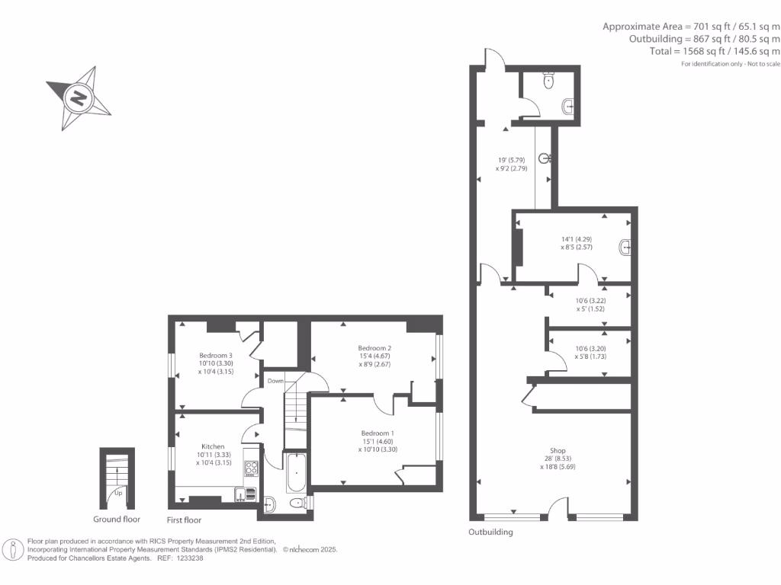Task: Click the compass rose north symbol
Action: tap(79, 97)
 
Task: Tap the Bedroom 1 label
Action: tap(378, 433)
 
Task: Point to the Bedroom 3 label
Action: tap(216, 356)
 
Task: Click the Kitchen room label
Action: tap(213, 446)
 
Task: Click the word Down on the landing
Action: tap(275, 381)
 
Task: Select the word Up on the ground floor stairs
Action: tap(117, 493)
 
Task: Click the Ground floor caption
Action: tap(117, 519)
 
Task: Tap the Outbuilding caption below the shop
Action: tap(490, 532)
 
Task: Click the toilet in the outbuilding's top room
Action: tap(547, 79)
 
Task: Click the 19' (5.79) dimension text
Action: tap(507, 160)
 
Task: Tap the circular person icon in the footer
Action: tap(13, 549)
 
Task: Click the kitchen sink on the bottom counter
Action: tap(242, 495)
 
